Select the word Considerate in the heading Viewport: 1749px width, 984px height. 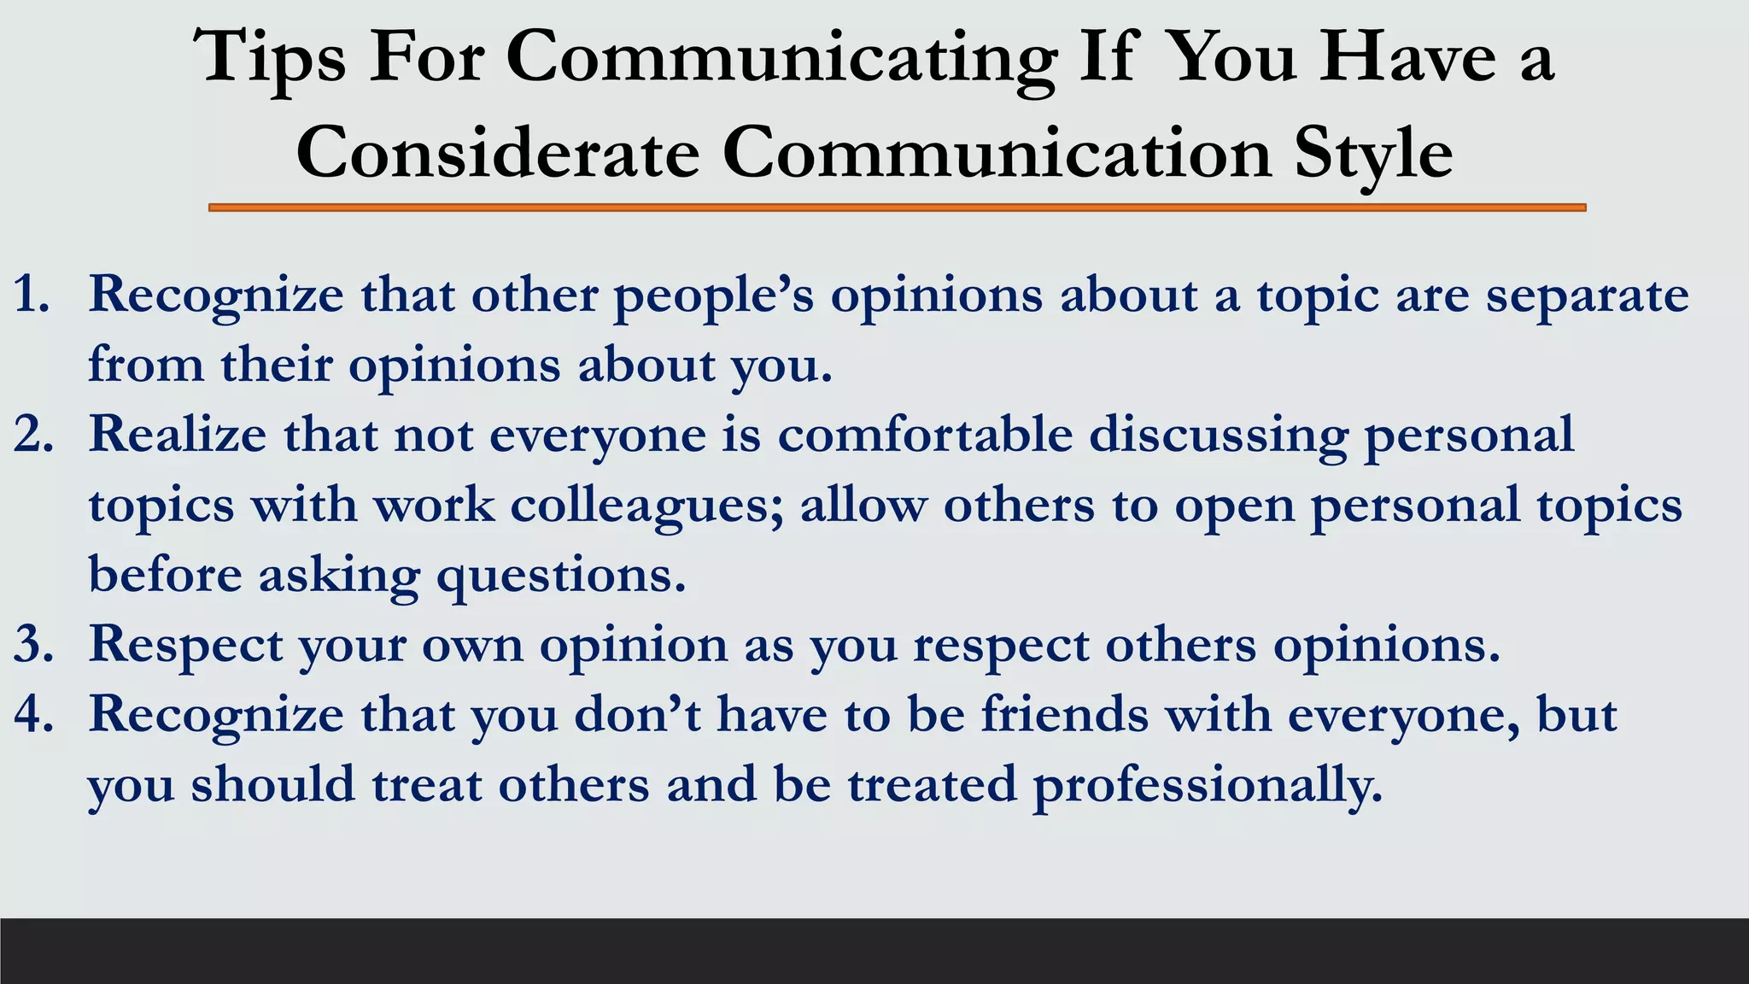coord(498,153)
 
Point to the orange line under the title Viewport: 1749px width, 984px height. coord(897,208)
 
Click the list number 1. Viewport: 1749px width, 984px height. coord(32,295)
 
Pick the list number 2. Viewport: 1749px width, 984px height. coord(33,435)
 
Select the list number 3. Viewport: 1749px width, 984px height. coord(33,644)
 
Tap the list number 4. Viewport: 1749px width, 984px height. coord(33,714)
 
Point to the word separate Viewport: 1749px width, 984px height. coord(1587,296)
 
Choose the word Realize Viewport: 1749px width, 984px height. coord(178,435)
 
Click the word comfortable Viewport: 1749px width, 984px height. coord(925,435)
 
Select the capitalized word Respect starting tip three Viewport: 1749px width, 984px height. coord(185,645)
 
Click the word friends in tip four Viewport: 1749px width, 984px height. coord(1065,714)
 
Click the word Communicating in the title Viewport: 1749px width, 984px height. coord(781,58)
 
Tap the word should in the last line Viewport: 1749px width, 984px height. coord(272,784)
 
